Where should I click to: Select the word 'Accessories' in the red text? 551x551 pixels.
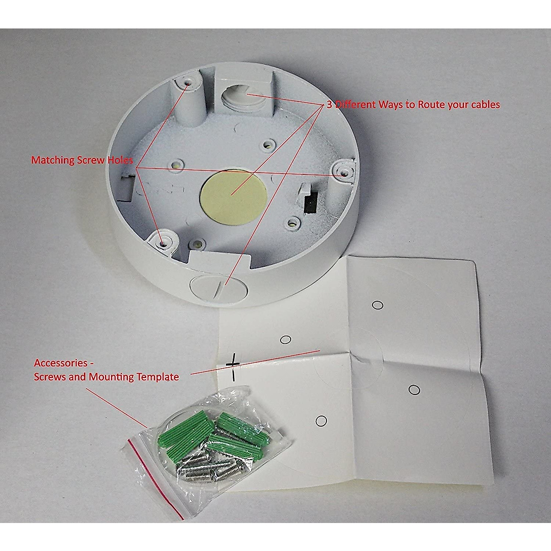[61, 363]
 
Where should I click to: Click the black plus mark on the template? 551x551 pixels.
[233, 363]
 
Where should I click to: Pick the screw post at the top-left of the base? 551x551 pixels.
[189, 84]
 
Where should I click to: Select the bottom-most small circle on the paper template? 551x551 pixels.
[321, 420]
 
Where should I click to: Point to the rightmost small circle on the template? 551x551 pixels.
[414, 389]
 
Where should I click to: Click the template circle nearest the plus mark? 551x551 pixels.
[286, 339]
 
